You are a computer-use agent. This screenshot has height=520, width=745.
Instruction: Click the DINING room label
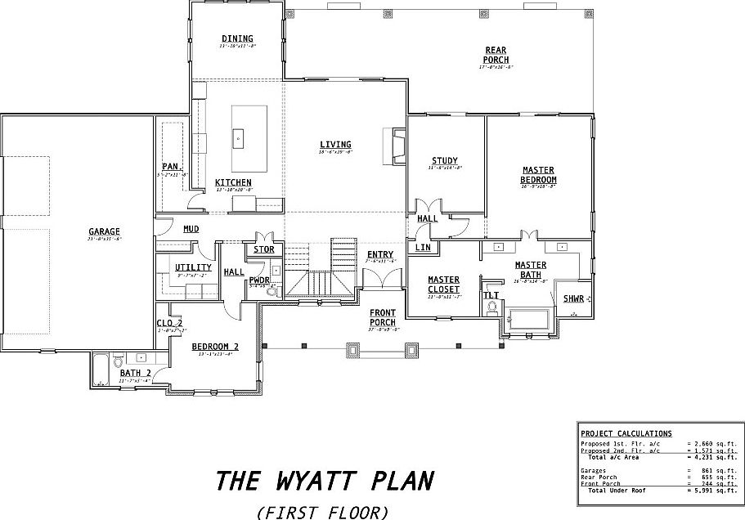[237, 38]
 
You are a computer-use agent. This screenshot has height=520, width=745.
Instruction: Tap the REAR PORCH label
[496, 56]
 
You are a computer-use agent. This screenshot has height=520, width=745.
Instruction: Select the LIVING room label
[335, 146]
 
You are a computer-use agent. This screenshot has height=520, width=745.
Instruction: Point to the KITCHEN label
[233, 182]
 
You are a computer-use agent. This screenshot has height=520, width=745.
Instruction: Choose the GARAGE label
[105, 231]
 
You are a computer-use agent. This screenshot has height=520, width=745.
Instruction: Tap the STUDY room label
[445, 161]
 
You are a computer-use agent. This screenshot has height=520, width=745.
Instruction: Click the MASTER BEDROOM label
[539, 175]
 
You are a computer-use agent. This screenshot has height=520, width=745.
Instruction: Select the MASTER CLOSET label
[444, 285]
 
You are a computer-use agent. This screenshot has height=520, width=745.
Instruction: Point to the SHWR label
[572, 299]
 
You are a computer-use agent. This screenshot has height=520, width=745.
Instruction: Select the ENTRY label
[380, 255]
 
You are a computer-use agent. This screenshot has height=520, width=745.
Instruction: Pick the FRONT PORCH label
[383, 317]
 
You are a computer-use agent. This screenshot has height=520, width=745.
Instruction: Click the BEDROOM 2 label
[215, 347]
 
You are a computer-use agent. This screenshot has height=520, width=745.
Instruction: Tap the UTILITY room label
[194, 267]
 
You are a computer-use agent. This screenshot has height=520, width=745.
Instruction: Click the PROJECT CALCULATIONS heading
[626, 433]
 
